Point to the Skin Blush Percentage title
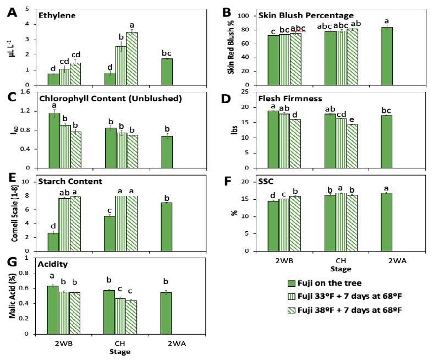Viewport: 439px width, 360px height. (x=306, y=15)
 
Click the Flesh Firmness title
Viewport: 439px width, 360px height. (x=285, y=100)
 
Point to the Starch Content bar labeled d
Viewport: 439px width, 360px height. (x=53, y=242)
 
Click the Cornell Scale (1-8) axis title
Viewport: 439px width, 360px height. (x=13, y=215)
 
